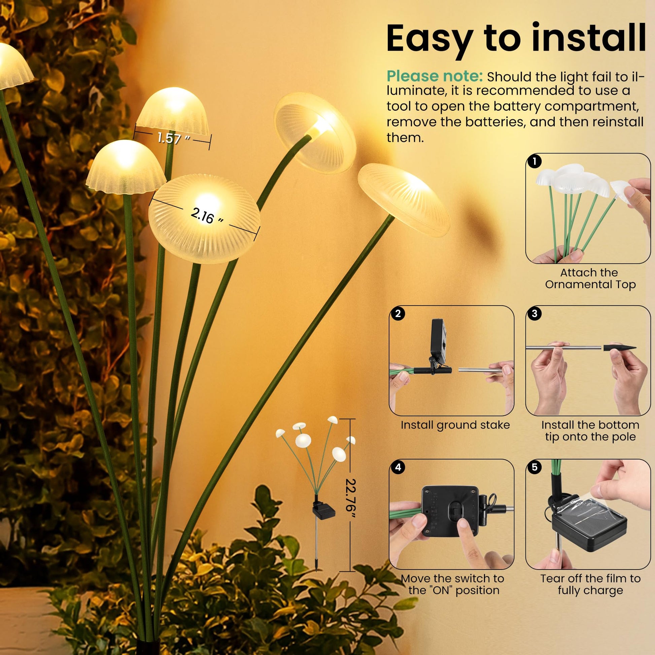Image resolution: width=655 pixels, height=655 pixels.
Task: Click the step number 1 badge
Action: tap(535, 162)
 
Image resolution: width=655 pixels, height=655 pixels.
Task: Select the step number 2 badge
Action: tap(398, 314)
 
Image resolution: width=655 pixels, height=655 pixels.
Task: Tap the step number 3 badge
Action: tap(535, 314)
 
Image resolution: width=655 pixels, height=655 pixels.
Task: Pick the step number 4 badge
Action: tap(398, 467)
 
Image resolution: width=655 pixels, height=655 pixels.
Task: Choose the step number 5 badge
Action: tap(535, 467)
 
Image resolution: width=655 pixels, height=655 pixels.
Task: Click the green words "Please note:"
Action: tap(435, 76)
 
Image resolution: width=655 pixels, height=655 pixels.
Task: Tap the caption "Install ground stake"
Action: tap(455, 425)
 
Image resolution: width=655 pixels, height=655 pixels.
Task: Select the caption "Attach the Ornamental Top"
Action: tap(590, 278)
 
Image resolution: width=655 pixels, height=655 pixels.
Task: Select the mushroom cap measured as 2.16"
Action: tap(204, 219)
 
